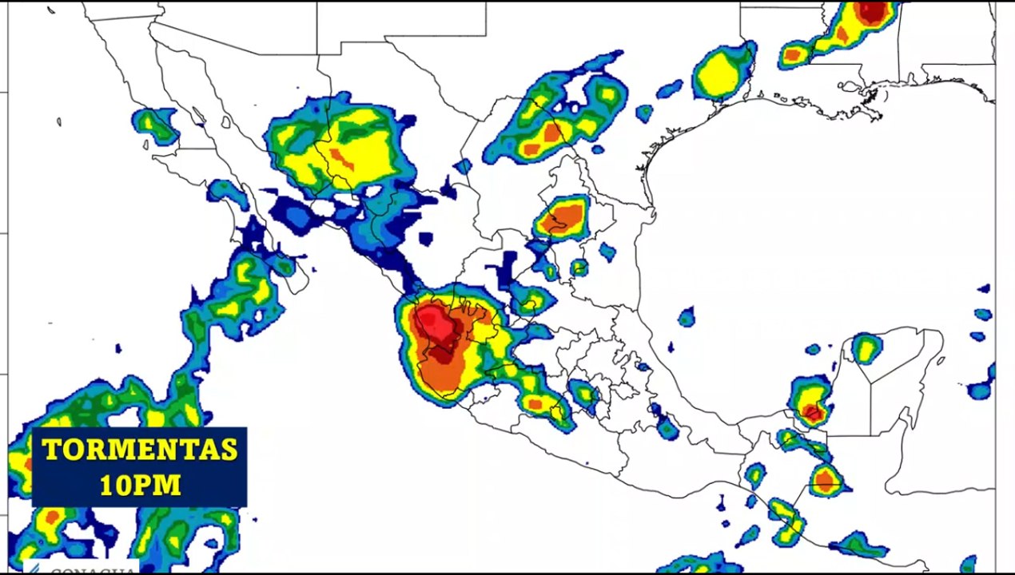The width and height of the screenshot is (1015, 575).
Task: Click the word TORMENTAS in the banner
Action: tap(140, 450)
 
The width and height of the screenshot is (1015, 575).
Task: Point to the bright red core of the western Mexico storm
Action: tap(436, 326)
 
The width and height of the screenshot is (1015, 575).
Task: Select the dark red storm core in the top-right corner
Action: tap(872, 11)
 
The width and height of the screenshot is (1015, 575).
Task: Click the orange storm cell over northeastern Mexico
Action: tap(565, 216)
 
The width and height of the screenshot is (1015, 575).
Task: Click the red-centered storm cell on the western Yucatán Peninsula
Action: tap(811, 411)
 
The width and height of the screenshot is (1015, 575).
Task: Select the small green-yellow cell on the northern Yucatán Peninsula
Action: tap(866, 348)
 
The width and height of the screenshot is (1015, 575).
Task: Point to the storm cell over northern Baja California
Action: tap(154, 124)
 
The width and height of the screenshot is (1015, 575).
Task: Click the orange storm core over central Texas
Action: tap(552, 133)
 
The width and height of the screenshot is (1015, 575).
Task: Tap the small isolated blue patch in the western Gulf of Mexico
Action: tap(687, 317)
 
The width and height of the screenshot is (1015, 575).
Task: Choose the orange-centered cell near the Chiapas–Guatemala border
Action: tap(825, 481)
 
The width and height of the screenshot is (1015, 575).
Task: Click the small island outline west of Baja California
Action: tap(59, 121)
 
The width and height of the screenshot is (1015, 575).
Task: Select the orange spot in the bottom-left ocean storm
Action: tap(52, 517)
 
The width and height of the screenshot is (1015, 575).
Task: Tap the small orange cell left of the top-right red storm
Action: tap(793, 55)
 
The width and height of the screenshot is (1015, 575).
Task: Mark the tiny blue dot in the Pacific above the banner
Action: tap(118, 348)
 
